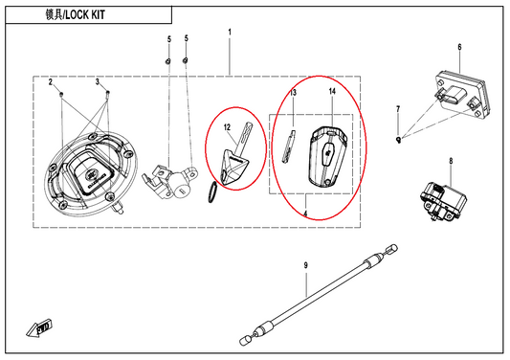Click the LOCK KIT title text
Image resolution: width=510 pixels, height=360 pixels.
[x=76, y=14]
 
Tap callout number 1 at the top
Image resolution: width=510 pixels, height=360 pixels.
[x=230, y=33]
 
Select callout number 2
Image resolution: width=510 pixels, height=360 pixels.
[x=51, y=82]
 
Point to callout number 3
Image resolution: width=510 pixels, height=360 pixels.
[x=98, y=81]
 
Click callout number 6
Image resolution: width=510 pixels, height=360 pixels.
[x=459, y=47]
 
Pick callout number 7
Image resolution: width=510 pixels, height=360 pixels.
[x=398, y=109]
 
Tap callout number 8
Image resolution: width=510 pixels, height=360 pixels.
[x=451, y=161]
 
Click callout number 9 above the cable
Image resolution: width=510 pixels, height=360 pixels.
[x=306, y=265]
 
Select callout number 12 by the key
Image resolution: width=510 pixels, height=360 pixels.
[x=227, y=127]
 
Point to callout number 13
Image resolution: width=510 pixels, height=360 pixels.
[x=294, y=93]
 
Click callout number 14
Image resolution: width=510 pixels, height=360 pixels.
[x=332, y=92]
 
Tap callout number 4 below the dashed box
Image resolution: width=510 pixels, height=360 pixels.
[x=305, y=214]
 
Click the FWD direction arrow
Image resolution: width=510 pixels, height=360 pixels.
[x=39, y=328]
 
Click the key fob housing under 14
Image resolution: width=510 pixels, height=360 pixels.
[x=327, y=157]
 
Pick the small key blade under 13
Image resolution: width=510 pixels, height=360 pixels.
[x=289, y=146]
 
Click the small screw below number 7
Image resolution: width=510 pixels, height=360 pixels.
[x=398, y=140]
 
